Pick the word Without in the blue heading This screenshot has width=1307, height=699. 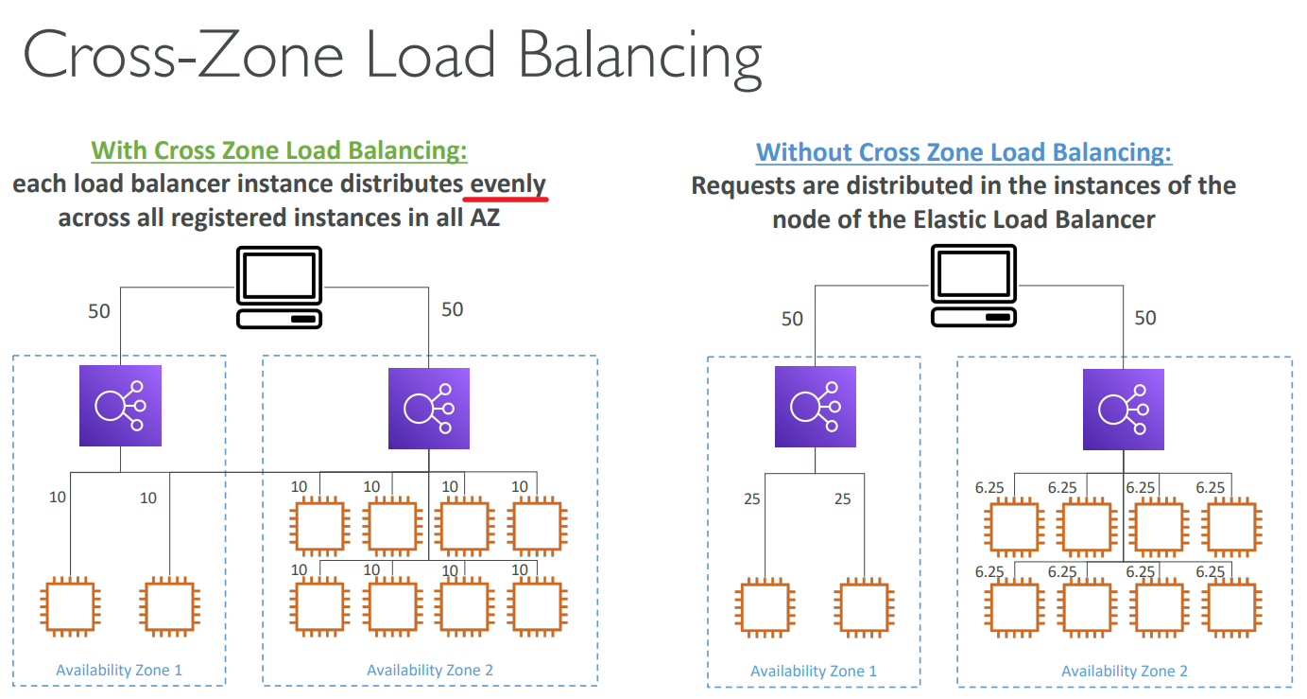(803, 152)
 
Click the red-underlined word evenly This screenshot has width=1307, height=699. (508, 184)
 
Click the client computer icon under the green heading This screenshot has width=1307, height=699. (279, 288)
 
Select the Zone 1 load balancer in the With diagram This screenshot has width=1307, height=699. (121, 406)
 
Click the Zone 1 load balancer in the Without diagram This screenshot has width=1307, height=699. (815, 407)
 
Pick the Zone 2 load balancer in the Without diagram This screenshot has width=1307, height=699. (1123, 409)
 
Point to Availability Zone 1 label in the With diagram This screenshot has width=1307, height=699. (119, 671)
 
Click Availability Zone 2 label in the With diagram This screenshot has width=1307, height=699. (430, 671)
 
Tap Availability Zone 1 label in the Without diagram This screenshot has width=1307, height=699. (814, 672)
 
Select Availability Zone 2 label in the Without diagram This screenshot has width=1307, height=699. (1125, 672)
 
